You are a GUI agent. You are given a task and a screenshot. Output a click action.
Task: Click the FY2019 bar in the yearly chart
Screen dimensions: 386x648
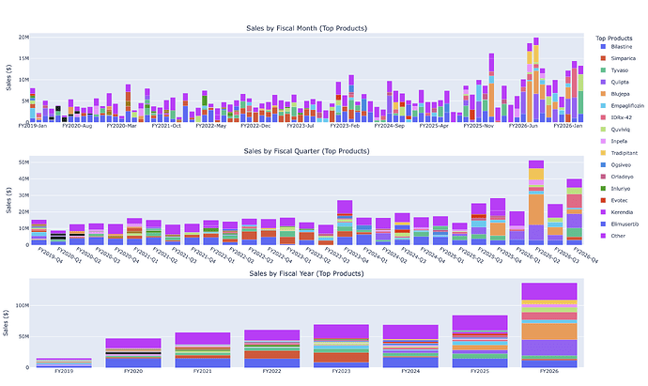pyautogui.click(x=64, y=362)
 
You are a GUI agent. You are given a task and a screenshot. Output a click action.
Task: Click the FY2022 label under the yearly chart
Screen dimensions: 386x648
pyautogui.click(x=271, y=373)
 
